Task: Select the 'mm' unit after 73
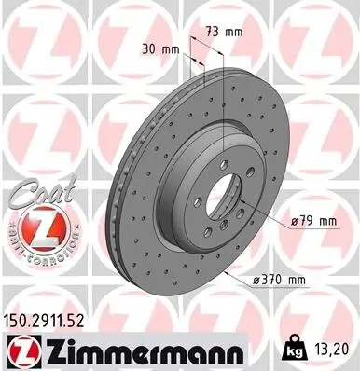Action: tap(234, 31)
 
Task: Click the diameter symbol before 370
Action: tap(256, 279)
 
